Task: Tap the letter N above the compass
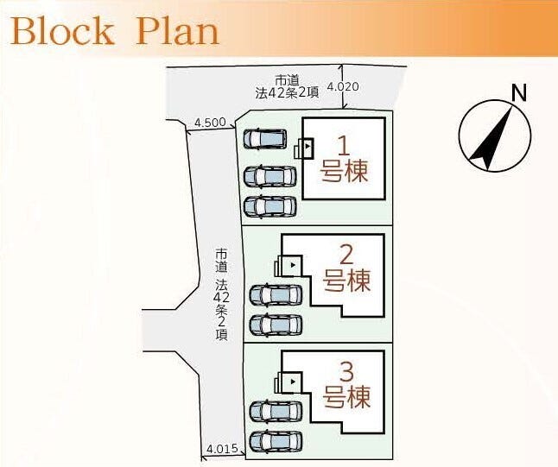518,92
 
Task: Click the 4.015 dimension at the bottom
222,450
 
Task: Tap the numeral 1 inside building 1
342,144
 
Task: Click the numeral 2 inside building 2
346,255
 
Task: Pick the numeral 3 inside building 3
346,373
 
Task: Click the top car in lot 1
265,138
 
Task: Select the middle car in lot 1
269,176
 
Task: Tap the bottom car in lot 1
269,207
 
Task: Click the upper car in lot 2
276,295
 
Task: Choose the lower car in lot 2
276,325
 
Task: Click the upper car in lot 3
276,411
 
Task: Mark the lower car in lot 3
276,442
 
